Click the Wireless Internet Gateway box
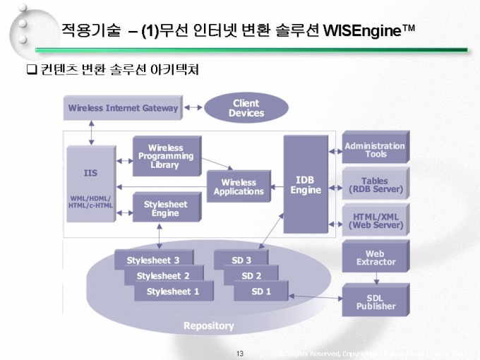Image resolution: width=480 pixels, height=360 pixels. pos(123,108)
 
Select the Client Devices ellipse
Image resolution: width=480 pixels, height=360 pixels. pos(246,108)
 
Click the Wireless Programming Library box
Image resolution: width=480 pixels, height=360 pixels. pos(166,156)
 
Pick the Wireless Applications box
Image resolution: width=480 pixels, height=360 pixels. pos(239,186)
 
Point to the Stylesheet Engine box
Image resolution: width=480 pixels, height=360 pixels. pos(166,208)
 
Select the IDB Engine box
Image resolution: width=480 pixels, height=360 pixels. pos(306,185)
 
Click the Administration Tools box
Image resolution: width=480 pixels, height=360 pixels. pos(376,149)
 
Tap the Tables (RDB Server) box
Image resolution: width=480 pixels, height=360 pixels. pos(376,185)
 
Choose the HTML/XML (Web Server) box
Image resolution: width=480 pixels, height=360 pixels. pos(376,221)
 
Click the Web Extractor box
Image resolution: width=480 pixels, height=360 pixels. pos(376,258)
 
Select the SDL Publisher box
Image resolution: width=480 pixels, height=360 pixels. pos(376,301)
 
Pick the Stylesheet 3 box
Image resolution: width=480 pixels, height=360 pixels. pos(153,260)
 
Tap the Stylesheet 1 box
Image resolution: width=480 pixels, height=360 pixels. pos(173,292)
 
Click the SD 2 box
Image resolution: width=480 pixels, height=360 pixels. pos(251,276)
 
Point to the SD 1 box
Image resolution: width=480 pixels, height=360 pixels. pos(261,292)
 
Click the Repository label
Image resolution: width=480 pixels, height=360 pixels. pos(208,325)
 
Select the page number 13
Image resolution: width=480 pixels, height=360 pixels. pos(240,353)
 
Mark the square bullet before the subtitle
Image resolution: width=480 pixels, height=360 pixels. pos(30,70)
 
